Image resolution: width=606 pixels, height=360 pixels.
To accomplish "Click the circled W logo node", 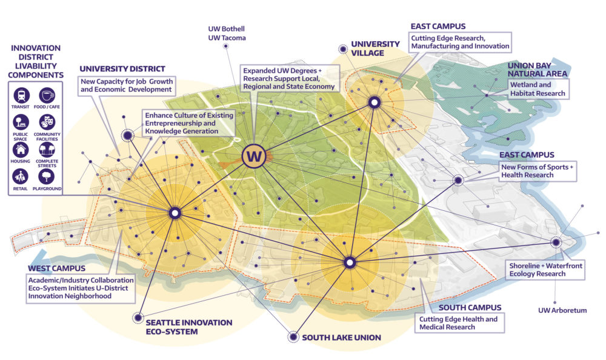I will point(254,156).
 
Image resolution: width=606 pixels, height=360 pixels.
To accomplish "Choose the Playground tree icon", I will point(47,176).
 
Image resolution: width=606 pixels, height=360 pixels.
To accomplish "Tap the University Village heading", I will point(376,48).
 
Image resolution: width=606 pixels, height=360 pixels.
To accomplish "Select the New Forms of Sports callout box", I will point(537,171).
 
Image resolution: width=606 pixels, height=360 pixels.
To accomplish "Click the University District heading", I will point(122,68).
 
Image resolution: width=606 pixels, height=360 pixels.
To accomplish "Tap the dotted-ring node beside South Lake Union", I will point(293,336).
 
